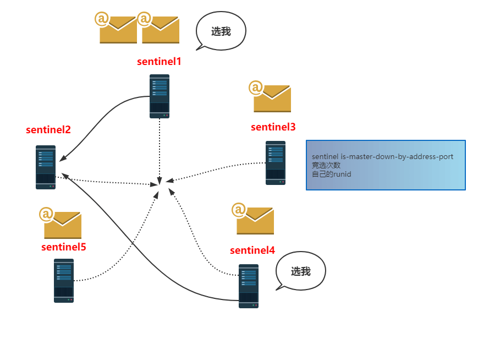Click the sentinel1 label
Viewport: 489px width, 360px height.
click(x=159, y=62)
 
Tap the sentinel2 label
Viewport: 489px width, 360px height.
click(x=48, y=130)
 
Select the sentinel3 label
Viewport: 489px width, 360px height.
click(x=273, y=127)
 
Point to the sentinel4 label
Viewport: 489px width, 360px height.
click(x=252, y=250)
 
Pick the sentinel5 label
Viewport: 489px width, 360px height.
click(x=64, y=247)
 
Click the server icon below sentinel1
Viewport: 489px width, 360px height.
click(x=160, y=96)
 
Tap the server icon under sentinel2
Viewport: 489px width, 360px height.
click(x=46, y=167)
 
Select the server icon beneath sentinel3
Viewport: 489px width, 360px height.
click(x=276, y=163)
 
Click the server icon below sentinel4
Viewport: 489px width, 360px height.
click(x=249, y=286)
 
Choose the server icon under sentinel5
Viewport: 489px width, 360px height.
click(x=64, y=280)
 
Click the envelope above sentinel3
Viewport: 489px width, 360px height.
click(x=270, y=96)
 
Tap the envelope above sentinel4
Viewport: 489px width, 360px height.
click(x=253, y=219)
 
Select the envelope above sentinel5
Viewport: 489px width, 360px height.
click(x=61, y=223)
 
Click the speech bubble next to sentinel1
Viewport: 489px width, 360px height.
click(x=221, y=31)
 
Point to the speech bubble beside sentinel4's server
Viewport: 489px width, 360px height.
click(x=301, y=271)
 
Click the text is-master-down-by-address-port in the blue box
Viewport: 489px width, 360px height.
click(x=397, y=156)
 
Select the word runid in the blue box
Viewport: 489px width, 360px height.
click(x=342, y=174)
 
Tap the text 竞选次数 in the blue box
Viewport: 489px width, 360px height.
click(x=326, y=165)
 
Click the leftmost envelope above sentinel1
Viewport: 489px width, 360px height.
click(x=116, y=28)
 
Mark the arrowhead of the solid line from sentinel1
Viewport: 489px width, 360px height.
click(x=62, y=159)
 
